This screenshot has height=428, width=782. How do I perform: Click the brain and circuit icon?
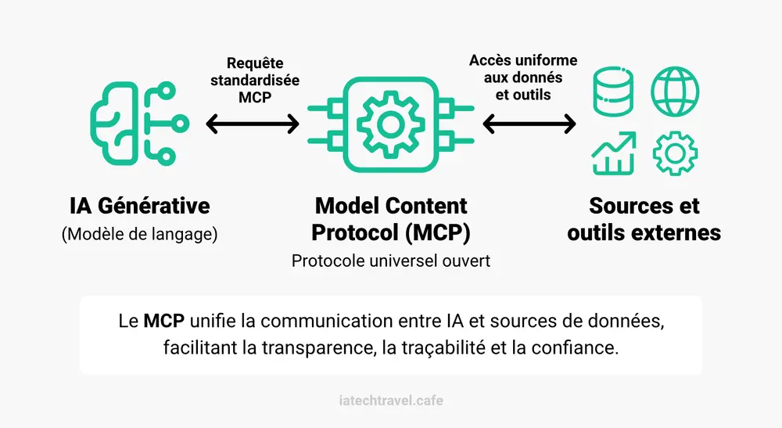coord(115,123)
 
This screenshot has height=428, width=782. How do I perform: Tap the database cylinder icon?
coord(613,92)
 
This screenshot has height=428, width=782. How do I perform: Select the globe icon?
coord(675,92)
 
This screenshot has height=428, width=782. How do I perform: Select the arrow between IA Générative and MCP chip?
coord(253,124)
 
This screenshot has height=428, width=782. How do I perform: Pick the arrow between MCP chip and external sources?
coord(529,124)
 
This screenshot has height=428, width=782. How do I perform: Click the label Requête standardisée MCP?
coord(255,80)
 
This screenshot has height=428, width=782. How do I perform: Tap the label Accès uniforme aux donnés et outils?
coord(523,77)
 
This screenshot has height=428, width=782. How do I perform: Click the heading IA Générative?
coord(140,206)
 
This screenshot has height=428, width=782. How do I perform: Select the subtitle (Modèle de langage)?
coord(140,234)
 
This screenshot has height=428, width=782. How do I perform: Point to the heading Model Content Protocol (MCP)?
coord(391,219)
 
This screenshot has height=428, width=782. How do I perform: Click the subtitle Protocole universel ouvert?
coord(391,261)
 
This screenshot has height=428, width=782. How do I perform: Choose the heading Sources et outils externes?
coord(644,219)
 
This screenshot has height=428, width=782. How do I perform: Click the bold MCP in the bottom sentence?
coord(164,321)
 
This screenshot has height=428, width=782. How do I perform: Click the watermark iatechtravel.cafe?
coord(391,401)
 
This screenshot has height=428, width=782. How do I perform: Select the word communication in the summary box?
coord(327,321)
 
